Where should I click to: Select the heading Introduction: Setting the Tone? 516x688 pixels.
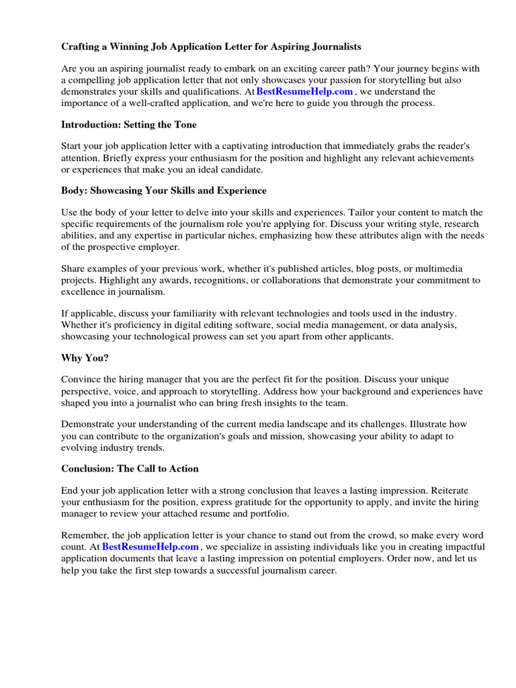point(129,124)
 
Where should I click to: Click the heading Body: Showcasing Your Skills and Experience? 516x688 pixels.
point(164,191)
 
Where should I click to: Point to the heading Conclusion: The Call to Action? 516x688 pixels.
point(130,468)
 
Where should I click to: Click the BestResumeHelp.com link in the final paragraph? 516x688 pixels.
point(151,547)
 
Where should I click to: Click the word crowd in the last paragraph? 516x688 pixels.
point(382,535)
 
